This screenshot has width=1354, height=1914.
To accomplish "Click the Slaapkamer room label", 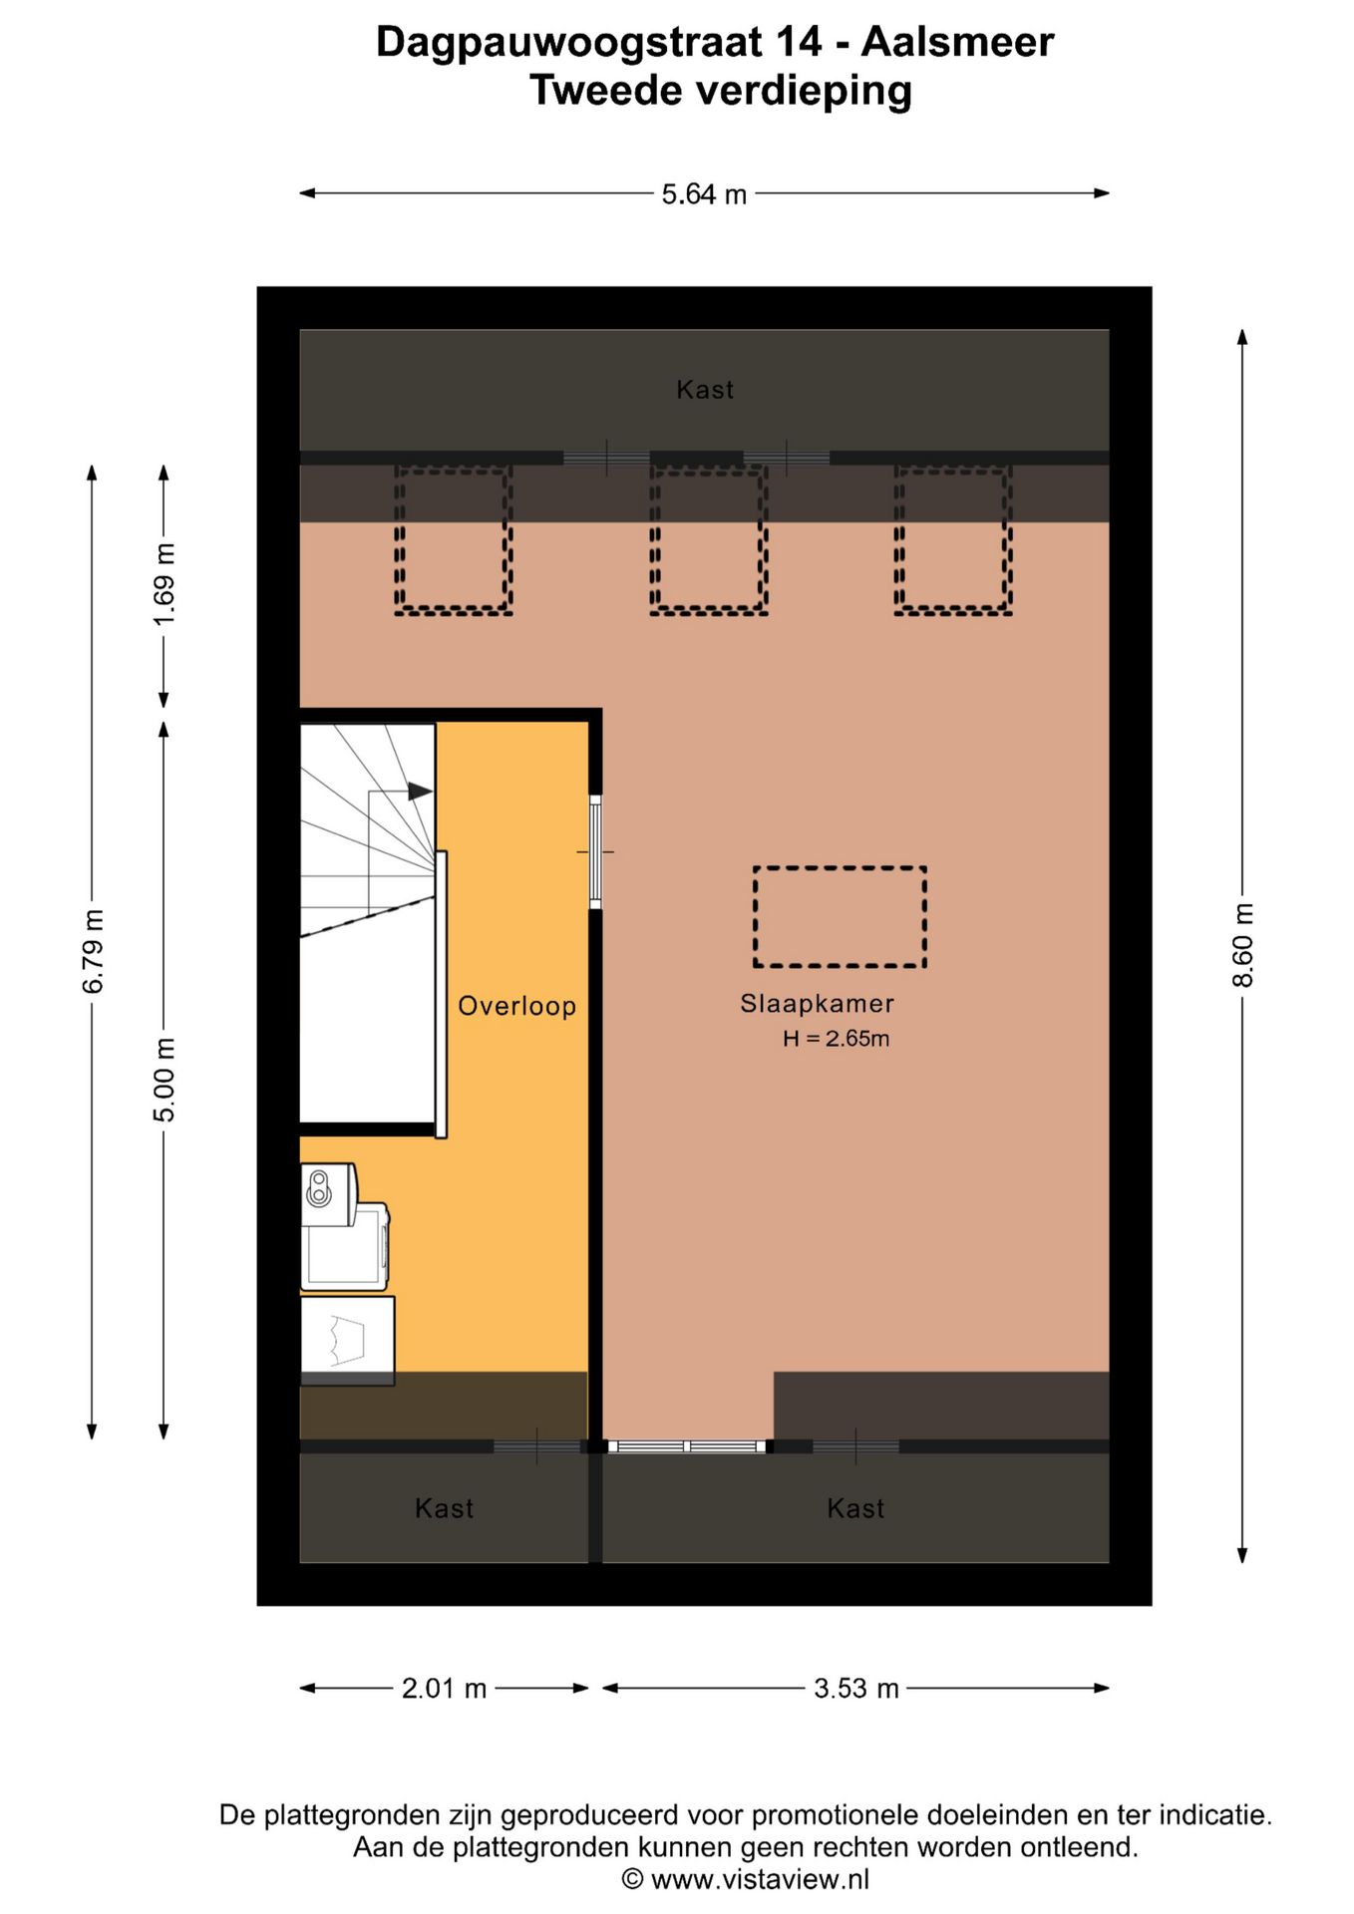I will pos(817,1004).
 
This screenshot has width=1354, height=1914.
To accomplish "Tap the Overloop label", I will pos(516,1006).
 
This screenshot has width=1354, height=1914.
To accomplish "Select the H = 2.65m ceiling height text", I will pos(836,1039).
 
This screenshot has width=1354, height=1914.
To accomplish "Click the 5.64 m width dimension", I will pos(704,194).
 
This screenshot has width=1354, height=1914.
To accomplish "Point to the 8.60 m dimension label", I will pos(1243,945).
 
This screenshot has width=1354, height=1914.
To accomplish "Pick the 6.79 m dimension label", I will pos(93,952).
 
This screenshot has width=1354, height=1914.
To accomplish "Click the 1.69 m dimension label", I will pos(165,585).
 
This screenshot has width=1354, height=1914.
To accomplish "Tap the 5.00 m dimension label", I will pos(165,1080).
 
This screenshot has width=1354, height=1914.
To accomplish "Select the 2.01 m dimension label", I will pos(444,1689).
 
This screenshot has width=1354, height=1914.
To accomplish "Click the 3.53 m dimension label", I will pos(855,1689).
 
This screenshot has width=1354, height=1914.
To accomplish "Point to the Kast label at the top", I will pos(705,390).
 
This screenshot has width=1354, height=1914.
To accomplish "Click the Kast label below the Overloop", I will pos(444,1508).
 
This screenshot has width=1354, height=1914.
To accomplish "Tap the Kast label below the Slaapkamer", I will pos(855,1508).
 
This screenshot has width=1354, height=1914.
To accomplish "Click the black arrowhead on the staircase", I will pos(420,792).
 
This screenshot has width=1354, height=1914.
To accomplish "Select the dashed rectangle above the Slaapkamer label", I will pos(840,917).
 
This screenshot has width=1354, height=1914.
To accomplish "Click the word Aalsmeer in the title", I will pos(957,42).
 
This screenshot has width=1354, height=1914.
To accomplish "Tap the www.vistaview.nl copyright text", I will pos(746,1880).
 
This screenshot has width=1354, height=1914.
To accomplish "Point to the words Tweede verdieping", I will pos(720,91).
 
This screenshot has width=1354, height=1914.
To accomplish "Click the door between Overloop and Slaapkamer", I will pos(595,852).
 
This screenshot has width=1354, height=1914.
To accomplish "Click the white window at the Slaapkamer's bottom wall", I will pos(687,1446).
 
